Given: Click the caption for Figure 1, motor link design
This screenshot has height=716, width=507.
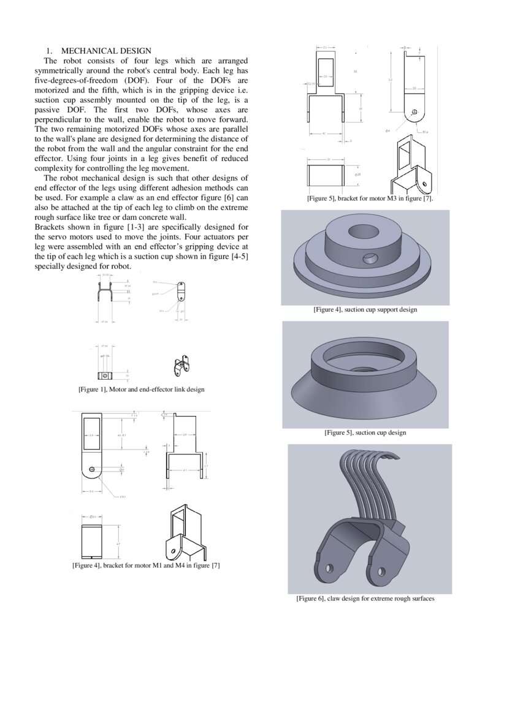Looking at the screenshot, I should pos(141,390).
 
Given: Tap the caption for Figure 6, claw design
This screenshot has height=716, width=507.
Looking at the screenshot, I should pos(365,598).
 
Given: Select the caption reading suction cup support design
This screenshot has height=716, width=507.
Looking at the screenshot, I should pos(365,310).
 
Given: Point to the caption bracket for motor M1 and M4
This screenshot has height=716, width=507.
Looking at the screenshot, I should pos(146,565).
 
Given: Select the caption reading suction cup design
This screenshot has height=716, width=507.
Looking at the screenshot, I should pos(365,432).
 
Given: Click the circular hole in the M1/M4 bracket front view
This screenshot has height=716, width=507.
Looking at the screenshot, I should pos(91,469).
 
